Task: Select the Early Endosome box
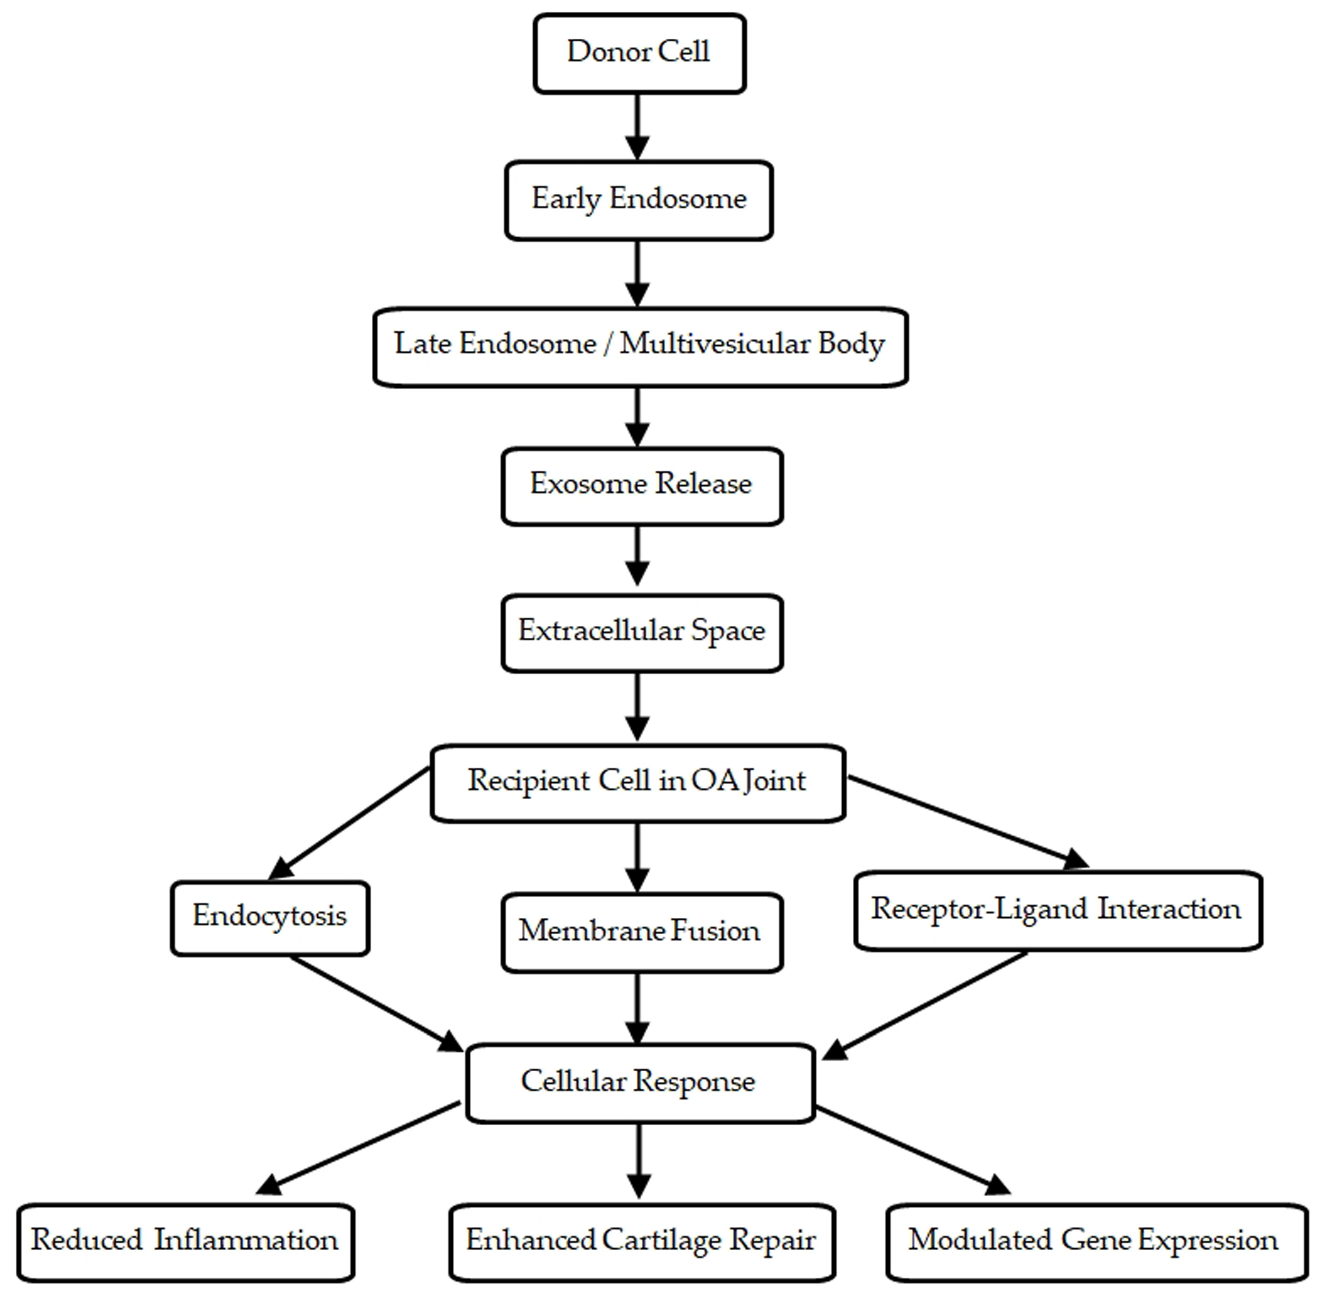[x=639, y=200]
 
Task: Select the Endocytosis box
[x=270, y=917]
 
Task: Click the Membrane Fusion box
[x=641, y=932]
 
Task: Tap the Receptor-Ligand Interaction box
[x=1057, y=910]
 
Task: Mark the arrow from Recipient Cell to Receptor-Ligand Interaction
[x=965, y=820]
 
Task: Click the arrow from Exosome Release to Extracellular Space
[x=637, y=555]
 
